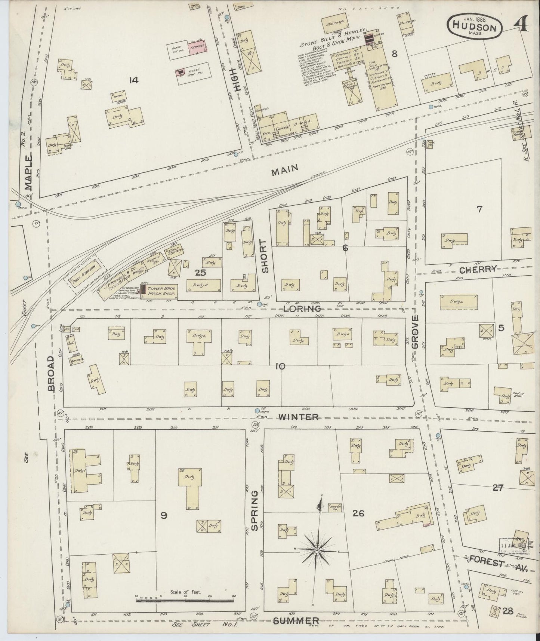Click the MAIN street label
pyautogui.click(x=285, y=169)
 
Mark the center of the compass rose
pyautogui.click(x=317, y=550)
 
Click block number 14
pyautogui.click(x=133, y=80)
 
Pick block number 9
pyautogui.click(x=163, y=516)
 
